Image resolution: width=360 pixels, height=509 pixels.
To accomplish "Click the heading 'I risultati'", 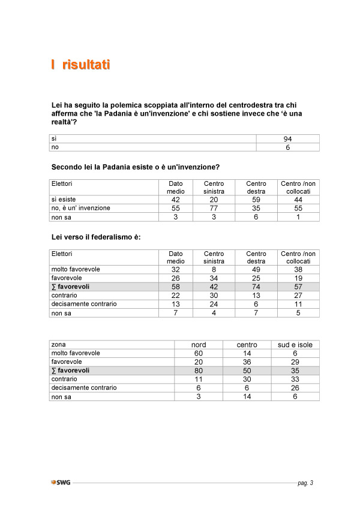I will coord(80,65).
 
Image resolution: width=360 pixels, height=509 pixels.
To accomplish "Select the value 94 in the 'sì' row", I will coord(287,139).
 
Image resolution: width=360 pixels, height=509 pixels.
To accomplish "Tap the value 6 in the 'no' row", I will coord(287,147).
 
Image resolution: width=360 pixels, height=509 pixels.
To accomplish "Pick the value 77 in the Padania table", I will coord(214,208).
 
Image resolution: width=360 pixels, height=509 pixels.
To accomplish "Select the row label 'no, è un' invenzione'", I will coord(80,208).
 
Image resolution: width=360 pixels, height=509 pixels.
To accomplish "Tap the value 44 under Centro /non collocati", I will coord(299,200).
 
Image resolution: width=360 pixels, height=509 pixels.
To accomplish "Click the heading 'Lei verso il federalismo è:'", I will coord(96,237).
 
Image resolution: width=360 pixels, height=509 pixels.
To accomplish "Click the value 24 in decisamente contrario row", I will coord(214,305).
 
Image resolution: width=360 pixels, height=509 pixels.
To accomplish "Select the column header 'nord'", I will coord(199,345).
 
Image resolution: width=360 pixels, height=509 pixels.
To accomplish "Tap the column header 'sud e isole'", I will coord(295,345).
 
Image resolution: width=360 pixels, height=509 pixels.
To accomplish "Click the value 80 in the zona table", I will coord(199,371).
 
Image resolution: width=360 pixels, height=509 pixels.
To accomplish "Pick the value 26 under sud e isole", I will coord(295,388).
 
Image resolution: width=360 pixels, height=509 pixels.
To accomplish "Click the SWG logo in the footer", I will coord(61,483).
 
